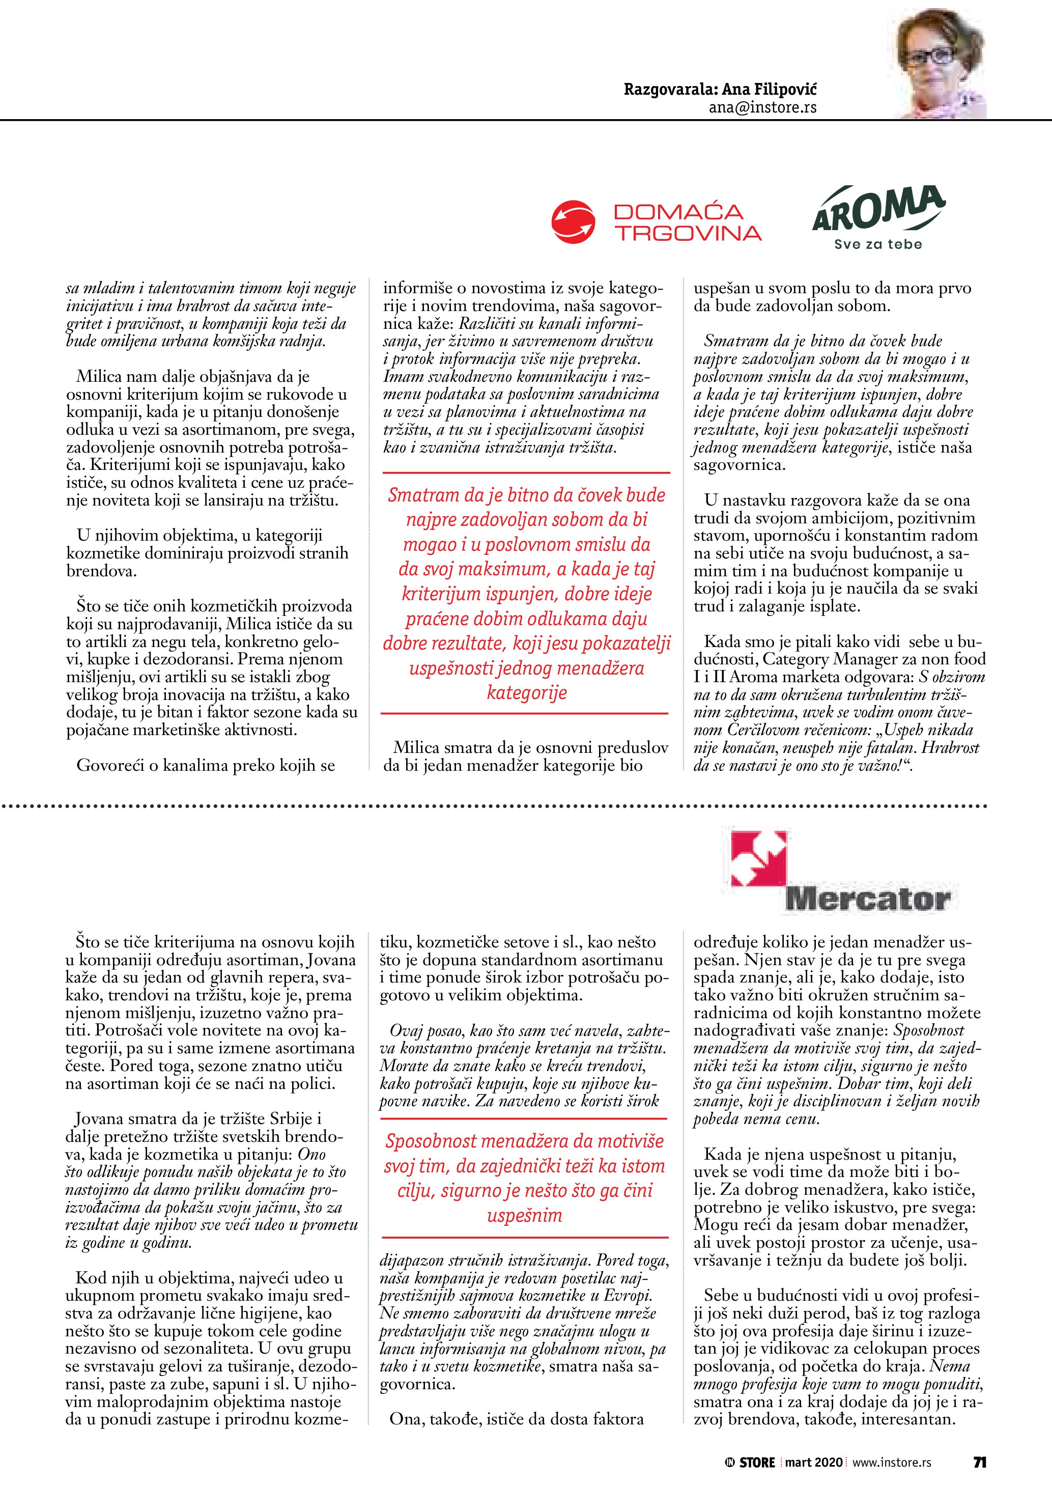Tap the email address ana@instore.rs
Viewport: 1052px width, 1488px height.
coord(762,107)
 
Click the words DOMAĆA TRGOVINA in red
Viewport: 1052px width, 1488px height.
coord(687,222)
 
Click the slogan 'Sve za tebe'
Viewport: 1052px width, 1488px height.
coord(878,244)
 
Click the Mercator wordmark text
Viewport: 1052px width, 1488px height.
coord(867,899)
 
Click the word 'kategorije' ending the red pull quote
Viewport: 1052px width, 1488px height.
coord(527,693)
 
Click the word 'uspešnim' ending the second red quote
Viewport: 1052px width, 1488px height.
coord(524,1215)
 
